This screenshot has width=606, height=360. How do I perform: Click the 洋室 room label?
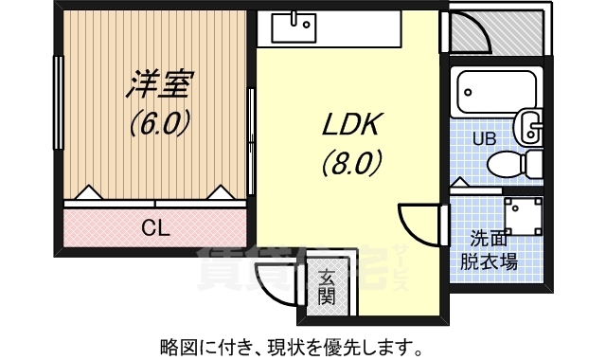(160, 84)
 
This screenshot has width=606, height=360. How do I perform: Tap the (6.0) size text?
(160, 121)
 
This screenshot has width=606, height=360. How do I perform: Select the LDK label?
(351, 124)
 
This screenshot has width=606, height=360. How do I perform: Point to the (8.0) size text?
(352, 162)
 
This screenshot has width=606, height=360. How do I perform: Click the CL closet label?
(155, 228)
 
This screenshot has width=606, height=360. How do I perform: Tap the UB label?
(484, 138)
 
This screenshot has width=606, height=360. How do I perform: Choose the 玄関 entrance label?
(327, 287)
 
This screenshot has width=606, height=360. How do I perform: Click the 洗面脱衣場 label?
(489, 251)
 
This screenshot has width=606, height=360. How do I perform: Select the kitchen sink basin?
(294, 27)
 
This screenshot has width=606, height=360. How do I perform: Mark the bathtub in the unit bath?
(496, 92)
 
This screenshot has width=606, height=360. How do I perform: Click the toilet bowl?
(514, 164)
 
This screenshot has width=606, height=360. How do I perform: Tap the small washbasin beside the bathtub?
(527, 125)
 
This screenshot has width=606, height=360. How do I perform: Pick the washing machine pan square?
(524, 216)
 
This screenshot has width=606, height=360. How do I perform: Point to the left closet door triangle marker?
(88, 192)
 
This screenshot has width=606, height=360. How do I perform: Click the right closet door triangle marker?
(221, 192)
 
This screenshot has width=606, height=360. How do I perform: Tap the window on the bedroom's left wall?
(59, 102)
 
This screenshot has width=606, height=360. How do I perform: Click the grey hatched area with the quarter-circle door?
(496, 32)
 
